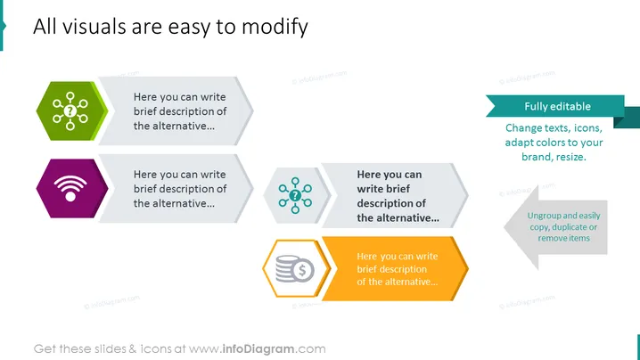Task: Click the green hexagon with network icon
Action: (x=72, y=111)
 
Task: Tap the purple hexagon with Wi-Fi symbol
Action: (x=72, y=188)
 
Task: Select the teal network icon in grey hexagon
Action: (x=295, y=195)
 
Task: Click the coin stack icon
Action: (x=295, y=268)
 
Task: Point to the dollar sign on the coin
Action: (x=302, y=270)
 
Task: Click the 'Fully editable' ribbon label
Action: (x=558, y=107)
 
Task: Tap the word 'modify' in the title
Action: (x=275, y=27)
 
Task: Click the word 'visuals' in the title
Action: (x=94, y=27)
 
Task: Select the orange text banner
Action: (x=395, y=268)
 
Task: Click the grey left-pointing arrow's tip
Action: (x=505, y=227)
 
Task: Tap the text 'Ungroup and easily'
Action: (x=563, y=216)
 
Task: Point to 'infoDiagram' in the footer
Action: (x=258, y=349)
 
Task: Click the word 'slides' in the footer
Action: (x=111, y=349)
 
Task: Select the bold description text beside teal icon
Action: (x=398, y=196)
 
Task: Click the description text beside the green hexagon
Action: (x=180, y=111)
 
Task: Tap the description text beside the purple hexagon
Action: (x=180, y=189)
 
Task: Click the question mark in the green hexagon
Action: (x=70, y=110)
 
